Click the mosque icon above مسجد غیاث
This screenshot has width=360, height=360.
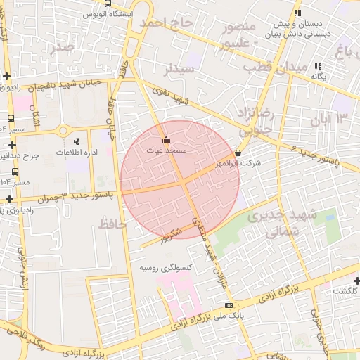click(x=166, y=139)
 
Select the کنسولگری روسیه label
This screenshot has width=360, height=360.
click(x=166, y=268)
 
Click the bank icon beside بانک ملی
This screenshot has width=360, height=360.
click(x=228, y=305)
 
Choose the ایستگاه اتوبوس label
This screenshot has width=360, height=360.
click(x=105, y=13)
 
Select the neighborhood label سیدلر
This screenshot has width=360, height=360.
click(x=179, y=70)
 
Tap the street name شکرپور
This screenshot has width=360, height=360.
click(x=170, y=234)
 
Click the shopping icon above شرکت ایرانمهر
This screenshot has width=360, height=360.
click(x=238, y=153)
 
